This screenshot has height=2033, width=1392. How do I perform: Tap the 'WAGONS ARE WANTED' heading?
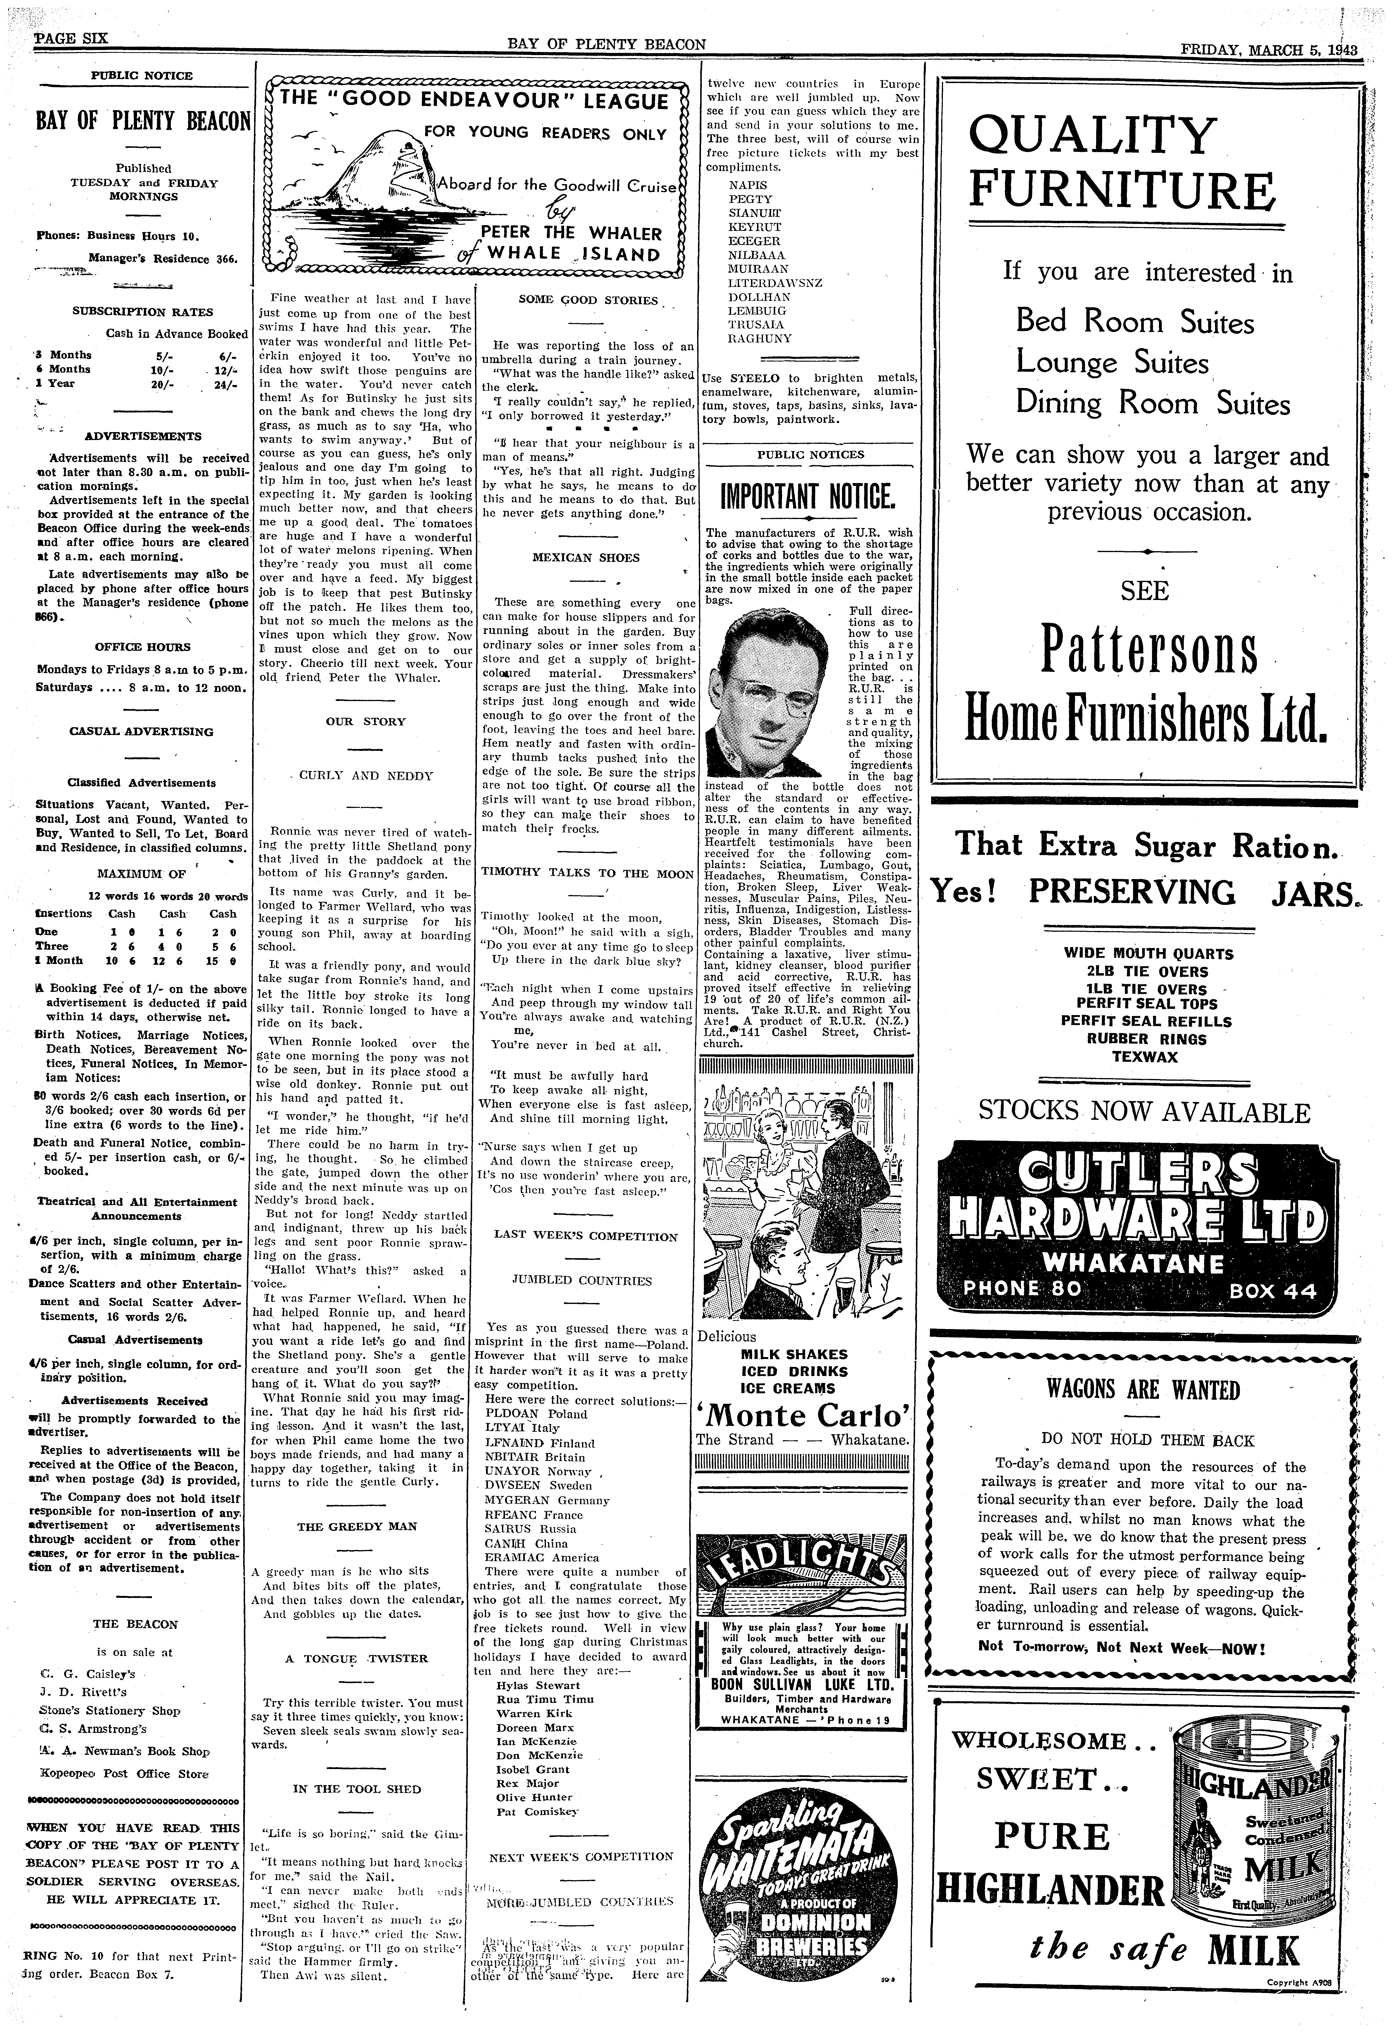(1144, 1389)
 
